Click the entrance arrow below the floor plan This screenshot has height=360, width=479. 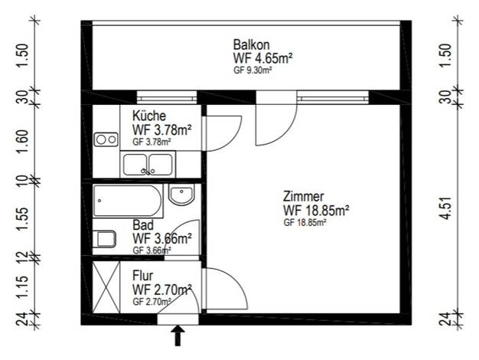178,335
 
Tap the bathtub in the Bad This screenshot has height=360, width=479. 128,201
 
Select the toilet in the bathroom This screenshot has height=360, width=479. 104,239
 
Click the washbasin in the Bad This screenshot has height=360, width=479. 181,195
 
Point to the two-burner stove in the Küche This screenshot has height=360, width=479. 106,139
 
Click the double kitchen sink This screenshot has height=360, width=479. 148,165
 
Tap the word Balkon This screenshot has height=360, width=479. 252,44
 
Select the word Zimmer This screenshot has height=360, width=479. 303,196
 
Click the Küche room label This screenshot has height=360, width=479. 149,116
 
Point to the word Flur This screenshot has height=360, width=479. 142,276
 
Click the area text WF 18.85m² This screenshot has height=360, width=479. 316,211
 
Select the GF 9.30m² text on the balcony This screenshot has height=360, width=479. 253,70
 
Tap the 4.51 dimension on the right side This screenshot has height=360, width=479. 446,208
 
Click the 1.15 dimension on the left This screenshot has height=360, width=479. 24,286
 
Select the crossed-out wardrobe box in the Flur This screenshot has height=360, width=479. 106,287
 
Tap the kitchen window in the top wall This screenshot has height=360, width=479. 167,98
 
